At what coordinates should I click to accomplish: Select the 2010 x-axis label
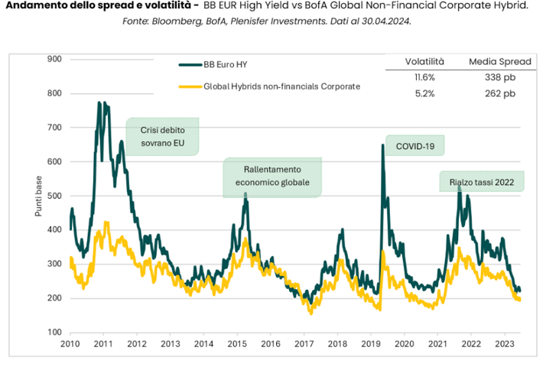point(70,345)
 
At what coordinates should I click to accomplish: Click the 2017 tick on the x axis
point(304,345)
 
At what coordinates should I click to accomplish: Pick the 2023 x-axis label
point(505,345)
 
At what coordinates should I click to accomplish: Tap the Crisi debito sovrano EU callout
point(161,136)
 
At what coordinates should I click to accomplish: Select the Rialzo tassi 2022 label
point(481,182)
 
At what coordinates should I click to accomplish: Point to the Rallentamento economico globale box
point(272,177)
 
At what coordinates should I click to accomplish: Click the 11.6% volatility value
point(424,78)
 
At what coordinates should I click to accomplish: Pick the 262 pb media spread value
point(501,93)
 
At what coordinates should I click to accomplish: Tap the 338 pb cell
point(501,78)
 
